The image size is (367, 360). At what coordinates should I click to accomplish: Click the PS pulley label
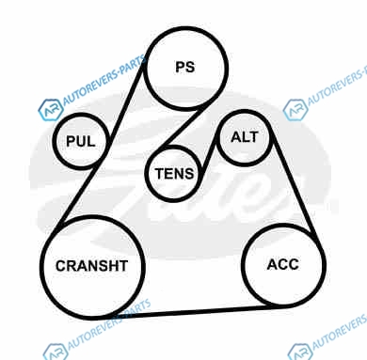tap(185, 67)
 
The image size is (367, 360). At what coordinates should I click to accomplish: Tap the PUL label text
tap(81, 141)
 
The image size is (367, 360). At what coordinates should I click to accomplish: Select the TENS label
tap(174, 174)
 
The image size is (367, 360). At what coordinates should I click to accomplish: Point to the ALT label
tap(245, 137)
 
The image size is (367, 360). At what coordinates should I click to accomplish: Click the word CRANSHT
tap(91, 266)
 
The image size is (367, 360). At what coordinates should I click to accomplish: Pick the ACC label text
tap(283, 264)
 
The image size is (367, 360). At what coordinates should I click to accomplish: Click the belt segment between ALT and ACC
tap(295, 185)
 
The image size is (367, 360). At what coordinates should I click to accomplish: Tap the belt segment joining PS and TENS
tap(182, 127)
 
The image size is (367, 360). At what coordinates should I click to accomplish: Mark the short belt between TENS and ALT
tap(208, 158)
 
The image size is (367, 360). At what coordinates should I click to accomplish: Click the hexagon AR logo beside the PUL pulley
tap(51, 109)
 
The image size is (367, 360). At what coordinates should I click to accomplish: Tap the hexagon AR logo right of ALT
tap(295, 109)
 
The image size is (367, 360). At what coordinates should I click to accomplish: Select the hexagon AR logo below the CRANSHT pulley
tap(56, 352)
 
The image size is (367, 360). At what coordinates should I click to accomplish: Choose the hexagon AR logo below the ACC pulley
tap(300, 352)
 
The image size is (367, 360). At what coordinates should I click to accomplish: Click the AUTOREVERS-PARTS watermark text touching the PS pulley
tap(104, 81)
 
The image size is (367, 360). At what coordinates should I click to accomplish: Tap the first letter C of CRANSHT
tap(61, 266)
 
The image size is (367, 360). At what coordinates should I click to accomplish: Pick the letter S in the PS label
tap(190, 67)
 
